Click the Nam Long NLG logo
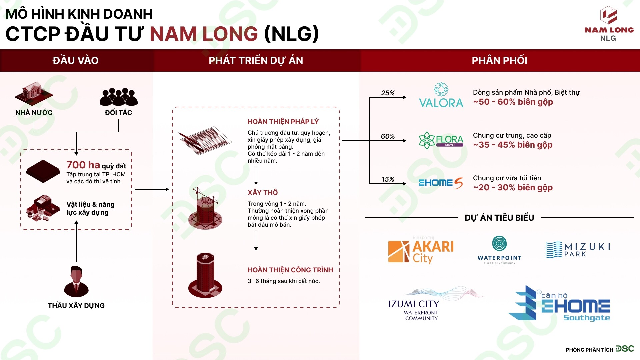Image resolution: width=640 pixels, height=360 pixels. (609, 23)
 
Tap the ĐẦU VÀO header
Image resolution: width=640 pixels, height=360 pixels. (76, 60)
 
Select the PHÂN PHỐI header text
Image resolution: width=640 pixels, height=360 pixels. (499, 60)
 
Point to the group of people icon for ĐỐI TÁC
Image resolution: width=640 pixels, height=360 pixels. (118, 97)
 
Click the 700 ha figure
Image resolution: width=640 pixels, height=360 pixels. (83, 165)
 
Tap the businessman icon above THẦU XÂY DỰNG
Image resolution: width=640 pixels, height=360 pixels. (76, 282)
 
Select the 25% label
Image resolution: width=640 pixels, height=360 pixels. (388, 93)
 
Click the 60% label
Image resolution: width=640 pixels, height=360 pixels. (388, 136)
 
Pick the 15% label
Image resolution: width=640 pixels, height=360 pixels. (388, 179)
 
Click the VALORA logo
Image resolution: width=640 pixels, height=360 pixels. (441, 96)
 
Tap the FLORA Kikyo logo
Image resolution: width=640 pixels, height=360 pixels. (441, 140)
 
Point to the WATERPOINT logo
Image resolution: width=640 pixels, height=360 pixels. (499, 250)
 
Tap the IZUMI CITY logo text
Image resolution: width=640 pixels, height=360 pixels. (414, 304)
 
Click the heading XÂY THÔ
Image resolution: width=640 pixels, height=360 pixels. (263, 193)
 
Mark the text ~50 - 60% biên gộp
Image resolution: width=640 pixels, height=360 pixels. (513, 102)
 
